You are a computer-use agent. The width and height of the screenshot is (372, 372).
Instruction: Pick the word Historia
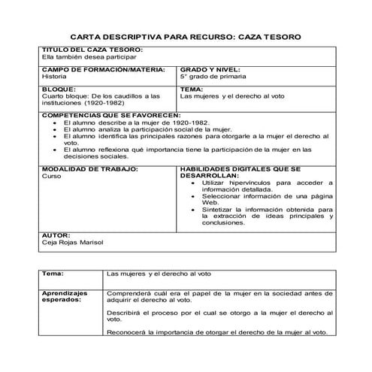53,76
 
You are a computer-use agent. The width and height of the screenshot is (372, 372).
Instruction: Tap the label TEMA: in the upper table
192,89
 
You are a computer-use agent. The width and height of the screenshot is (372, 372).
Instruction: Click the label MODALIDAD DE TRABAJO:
89,169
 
